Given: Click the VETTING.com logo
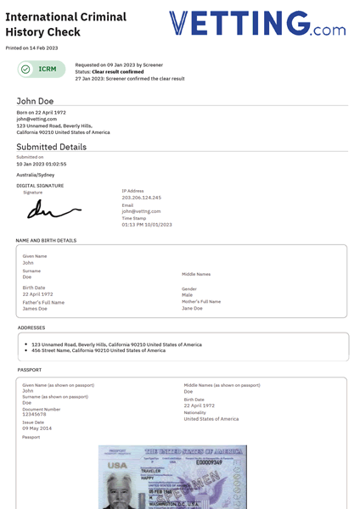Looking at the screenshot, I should (256, 24).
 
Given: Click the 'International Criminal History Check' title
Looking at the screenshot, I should (65, 24).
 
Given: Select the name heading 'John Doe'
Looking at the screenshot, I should (35, 101).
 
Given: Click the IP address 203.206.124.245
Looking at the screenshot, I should (141, 198).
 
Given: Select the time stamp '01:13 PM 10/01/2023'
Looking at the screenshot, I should (146, 225).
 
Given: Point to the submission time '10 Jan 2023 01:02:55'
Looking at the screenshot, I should (41, 164).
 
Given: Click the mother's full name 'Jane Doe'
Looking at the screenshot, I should (193, 309).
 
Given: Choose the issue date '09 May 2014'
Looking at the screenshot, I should (38, 428).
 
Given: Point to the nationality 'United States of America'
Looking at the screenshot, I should (211, 419).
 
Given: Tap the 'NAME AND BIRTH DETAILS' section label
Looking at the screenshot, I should (46, 240).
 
